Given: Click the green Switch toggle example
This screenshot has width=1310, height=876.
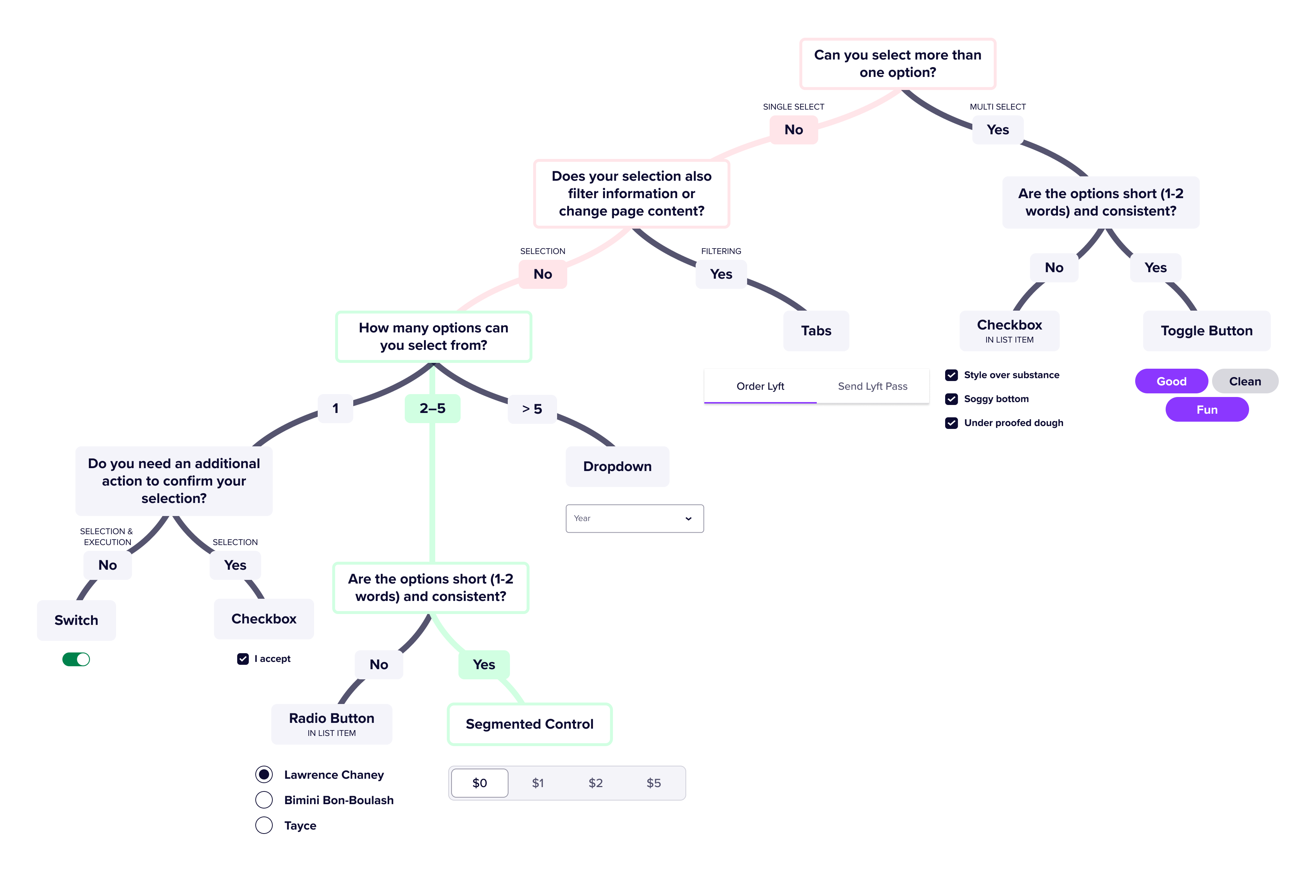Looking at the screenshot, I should [76, 659].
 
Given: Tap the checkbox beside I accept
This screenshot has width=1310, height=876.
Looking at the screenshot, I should [243, 659].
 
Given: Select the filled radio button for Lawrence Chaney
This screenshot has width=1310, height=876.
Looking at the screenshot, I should [264, 774].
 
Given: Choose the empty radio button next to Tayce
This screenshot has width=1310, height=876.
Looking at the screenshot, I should [264, 825].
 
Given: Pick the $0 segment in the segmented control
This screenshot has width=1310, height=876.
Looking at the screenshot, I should [480, 783].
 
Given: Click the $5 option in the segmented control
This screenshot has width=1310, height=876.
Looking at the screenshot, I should [653, 783].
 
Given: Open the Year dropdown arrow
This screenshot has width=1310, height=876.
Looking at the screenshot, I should [688, 519].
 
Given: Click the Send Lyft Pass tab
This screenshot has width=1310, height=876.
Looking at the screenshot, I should [872, 386].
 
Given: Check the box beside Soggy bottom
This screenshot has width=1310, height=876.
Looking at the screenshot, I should [952, 399].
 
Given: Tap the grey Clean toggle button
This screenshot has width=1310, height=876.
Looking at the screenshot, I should [1245, 381].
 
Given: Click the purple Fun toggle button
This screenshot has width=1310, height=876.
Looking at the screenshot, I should [1207, 409].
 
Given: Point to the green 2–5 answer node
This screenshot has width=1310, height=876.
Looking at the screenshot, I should [432, 408].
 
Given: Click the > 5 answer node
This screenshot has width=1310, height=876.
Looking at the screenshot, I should [532, 409].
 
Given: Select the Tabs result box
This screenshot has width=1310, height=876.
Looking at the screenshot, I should [816, 331].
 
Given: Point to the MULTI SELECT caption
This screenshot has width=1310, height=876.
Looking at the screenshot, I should [997, 107].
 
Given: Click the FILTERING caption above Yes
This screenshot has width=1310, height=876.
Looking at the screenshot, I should [721, 251].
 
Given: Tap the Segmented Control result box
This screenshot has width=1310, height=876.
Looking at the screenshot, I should [530, 724].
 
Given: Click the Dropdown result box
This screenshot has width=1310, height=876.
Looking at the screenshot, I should [617, 467].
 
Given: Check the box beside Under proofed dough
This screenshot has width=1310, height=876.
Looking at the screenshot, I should [952, 423].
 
